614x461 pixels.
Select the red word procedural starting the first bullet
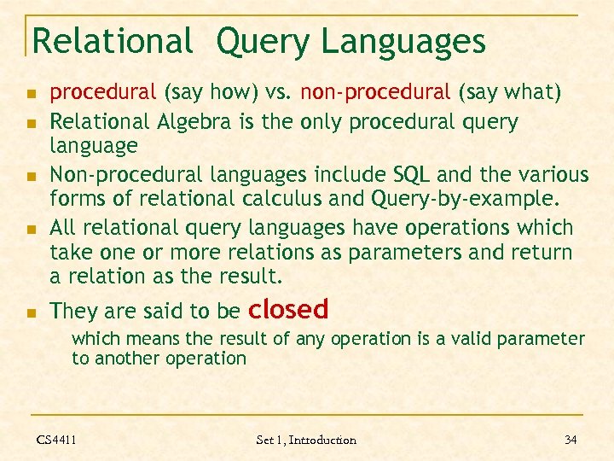(x=102, y=92)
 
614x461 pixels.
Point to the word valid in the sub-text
(x=465, y=339)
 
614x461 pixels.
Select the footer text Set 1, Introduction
(x=306, y=440)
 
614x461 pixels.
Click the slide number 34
(x=571, y=440)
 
